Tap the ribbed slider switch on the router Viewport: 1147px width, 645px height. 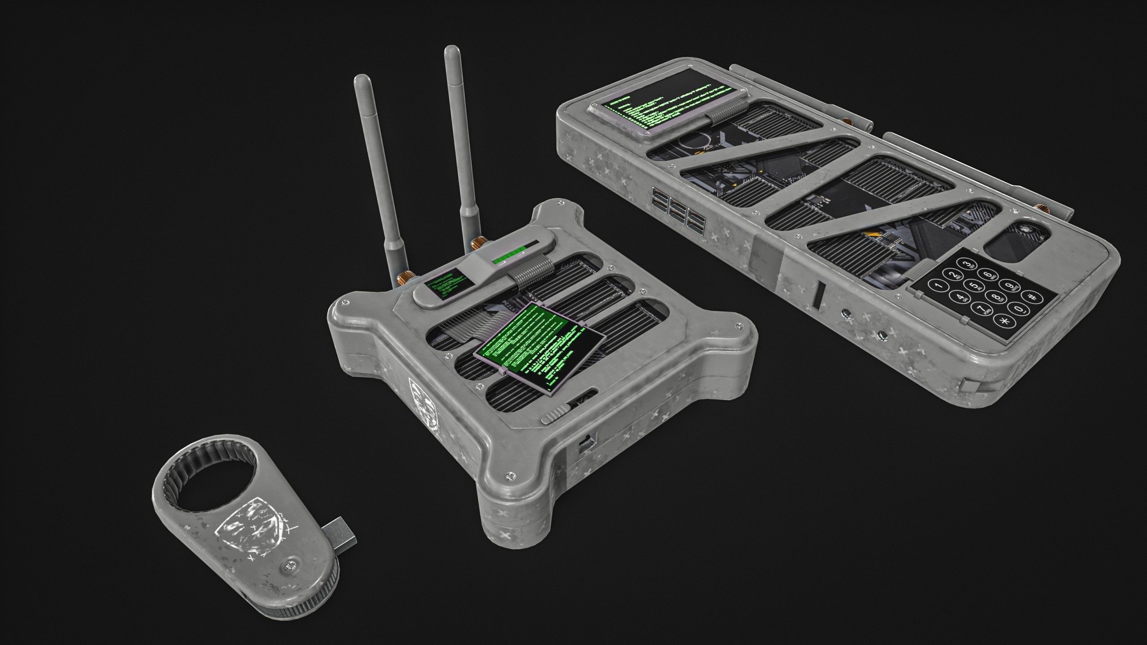pyautogui.click(x=555, y=415)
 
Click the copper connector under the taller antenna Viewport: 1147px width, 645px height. pyautogui.click(x=477, y=245)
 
